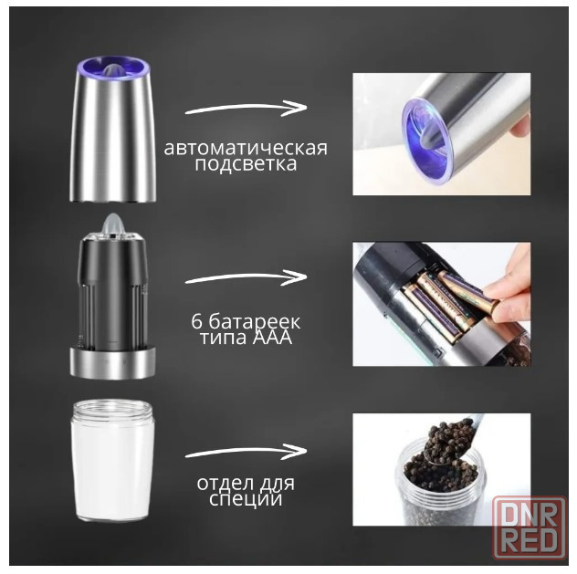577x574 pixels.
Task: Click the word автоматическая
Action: pyautogui.click(x=246, y=149)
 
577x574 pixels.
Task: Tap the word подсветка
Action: pyautogui.click(x=246, y=164)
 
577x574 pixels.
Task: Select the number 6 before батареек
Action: pyautogui.click(x=197, y=322)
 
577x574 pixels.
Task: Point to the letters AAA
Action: pyautogui.click(x=272, y=338)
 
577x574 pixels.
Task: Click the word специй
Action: pyautogui.click(x=246, y=499)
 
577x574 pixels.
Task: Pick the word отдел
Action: pyautogui.click(x=223, y=484)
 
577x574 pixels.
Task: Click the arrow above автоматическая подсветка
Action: pyautogui.click(x=246, y=108)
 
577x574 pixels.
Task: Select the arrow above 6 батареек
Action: pyautogui.click(x=246, y=277)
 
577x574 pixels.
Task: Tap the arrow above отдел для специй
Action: pyautogui.click(x=246, y=452)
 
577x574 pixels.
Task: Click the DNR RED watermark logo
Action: pyautogui.click(x=530, y=527)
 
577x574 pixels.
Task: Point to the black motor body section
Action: pyautogui.click(x=112, y=292)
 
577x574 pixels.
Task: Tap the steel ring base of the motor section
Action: pyautogui.click(x=112, y=363)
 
